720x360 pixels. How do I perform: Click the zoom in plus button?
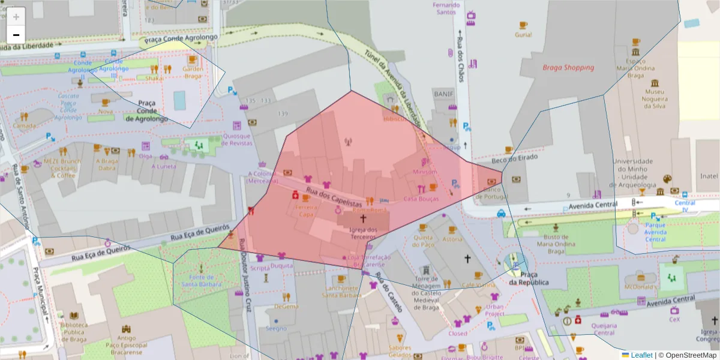[16, 16]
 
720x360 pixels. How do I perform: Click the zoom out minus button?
[16, 34]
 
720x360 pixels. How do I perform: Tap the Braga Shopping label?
[568, 67]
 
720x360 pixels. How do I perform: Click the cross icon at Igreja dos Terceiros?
[362, 219]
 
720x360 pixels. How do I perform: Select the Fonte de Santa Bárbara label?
[202, 280]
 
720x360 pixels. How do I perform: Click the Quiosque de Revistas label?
[236, 139]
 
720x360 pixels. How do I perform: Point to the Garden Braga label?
[192, 72]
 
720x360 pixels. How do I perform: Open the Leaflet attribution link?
[641, 355]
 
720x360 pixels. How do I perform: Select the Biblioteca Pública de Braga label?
[74, 332]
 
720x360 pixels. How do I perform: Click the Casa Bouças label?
[421, 199]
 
